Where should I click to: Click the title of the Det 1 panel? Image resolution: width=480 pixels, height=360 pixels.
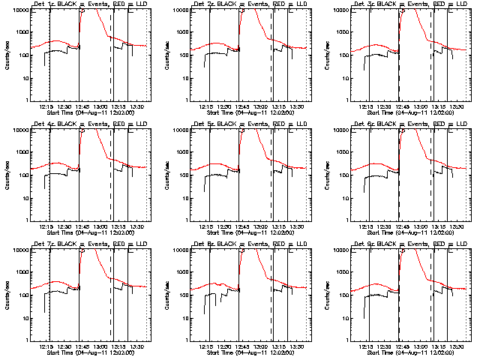tap(88, 4)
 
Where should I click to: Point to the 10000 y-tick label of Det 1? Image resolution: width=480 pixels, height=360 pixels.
tap(17, 10)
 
